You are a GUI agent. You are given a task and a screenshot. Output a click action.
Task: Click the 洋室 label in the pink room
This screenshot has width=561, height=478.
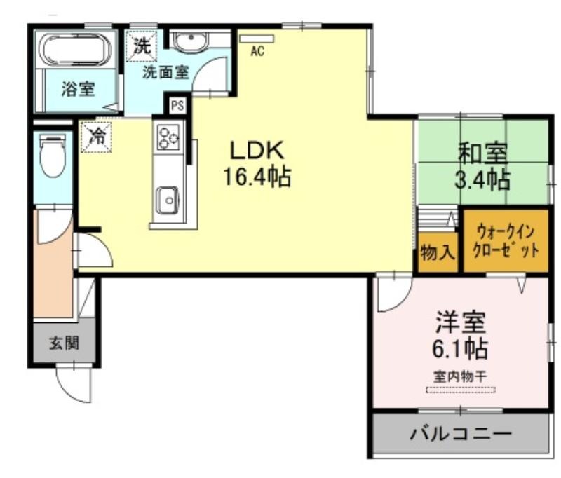pos(461,323)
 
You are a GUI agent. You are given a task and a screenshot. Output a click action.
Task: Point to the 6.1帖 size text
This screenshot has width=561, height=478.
pos(461,348)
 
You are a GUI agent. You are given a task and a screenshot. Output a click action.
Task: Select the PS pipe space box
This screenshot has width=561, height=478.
pos(176,107)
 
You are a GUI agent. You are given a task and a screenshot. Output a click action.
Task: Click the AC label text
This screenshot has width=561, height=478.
pos(257,51)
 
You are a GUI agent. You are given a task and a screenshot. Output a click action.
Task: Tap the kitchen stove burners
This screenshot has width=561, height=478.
pos(168,137)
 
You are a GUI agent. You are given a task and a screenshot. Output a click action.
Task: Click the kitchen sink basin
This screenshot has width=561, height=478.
pos(168,200)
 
